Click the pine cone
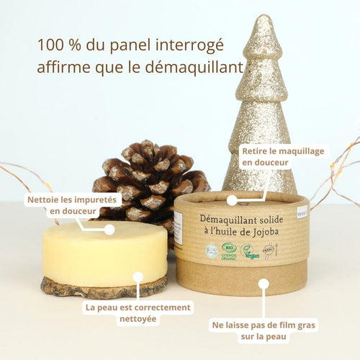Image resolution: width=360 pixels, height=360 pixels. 148,180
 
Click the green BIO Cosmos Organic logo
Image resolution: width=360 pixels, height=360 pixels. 230,251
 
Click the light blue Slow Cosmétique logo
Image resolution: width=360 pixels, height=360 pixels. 212,251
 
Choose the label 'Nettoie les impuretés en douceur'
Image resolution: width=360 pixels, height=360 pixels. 63,205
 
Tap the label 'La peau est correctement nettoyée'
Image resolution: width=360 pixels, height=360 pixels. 138,313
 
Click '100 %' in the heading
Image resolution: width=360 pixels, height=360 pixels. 58,45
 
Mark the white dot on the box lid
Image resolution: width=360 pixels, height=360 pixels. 232,200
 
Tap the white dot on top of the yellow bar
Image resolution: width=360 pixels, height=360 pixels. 109,230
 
